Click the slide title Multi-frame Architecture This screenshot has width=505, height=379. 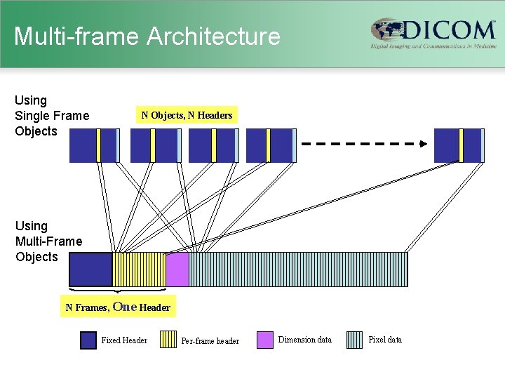pyautogui.click(x=147, y=36)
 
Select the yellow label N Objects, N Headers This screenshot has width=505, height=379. pyautogui.click(x=187, y=115)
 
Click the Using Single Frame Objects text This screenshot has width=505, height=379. pyautogui.click(x=52, y=116)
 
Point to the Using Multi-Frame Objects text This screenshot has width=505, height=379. pyautogui.click(x=48, y=241)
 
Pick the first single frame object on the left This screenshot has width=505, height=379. pyautogui.click(x=94, y=145)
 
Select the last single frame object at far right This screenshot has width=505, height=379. pyautogui.click(x=459, y=145)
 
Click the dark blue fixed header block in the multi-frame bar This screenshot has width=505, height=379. pyautogui.click(x=91, y=270)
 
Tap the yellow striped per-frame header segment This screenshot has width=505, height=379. pyautogui.click(x=139, y=270)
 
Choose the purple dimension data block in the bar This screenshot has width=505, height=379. pyautogui.click(x=177, y=270)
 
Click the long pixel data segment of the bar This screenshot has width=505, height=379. pyautogui.click(x=298, y=270)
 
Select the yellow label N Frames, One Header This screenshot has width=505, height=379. pyautogui.click(x=118, y=307)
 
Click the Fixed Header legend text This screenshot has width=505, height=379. pyautogui.click(x=124, y=340)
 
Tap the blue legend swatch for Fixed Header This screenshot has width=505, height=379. pyautogui.click(x=88, y=340)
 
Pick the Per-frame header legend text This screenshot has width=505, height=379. pyautogui.click(x=210, y=341)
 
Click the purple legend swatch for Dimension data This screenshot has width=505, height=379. pyautogui.click(x=265, y=340)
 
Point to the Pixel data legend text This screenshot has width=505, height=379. pyautogui.click(x=385, y=340)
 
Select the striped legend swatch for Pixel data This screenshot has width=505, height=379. pyautogui.click(x=356, y=340)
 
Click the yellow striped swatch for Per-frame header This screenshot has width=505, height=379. pyautogui.click(x=168, y=340)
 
